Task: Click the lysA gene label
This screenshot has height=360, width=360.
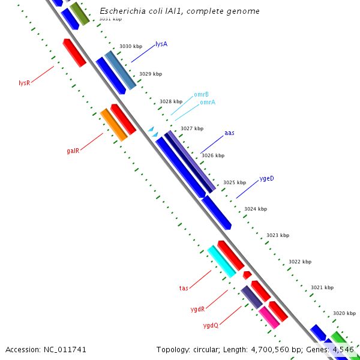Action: (x=161, y=44)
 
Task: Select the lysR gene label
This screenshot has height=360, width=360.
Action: (x=24, y=83)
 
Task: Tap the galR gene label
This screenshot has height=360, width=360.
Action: (x=73, y=151)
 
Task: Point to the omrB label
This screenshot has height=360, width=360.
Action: (x=201, y=95)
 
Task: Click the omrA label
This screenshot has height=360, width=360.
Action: (x=208, y=103)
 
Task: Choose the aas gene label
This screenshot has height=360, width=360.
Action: (x=229, y=133)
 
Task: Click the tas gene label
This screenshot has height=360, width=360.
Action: (x=184, y=289)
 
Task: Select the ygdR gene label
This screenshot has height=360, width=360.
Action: (x=197, y=310)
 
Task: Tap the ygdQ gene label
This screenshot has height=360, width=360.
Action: (x=211, y=326)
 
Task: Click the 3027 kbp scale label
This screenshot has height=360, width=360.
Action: (x=192, y=128)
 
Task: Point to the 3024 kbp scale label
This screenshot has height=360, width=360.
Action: (x=255, y=209)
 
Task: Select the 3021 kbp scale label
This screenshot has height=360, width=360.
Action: (x=322, y=288)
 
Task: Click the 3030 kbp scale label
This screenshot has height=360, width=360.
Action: (x=131, y=46)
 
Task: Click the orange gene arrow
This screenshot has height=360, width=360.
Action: (x=113, y=125)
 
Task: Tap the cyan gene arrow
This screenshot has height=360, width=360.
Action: (x=221, y=262)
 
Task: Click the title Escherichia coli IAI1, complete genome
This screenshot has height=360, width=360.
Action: (x=179, y=11)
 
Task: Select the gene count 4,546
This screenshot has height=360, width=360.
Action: (x=343, y=349)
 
